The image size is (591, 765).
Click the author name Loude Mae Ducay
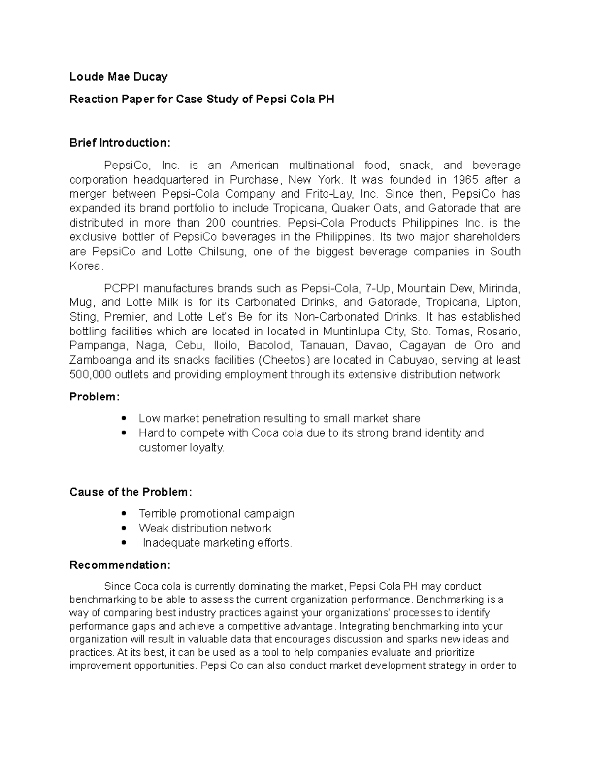pyautogui.click(x=118, y=77)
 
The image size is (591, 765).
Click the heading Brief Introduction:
pyautogui.click(x=120, y=143)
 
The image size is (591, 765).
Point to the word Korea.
pyautogui.click(x=86, y=266)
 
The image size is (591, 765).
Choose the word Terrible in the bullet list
pyautogui.click(x=158, y=513)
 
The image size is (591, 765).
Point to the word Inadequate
pyautogui.click(x=171, y=543)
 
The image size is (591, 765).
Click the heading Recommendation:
pyautogui.click(x=120, y=565)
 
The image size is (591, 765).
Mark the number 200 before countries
pyautogui.click(x=215, y=223)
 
